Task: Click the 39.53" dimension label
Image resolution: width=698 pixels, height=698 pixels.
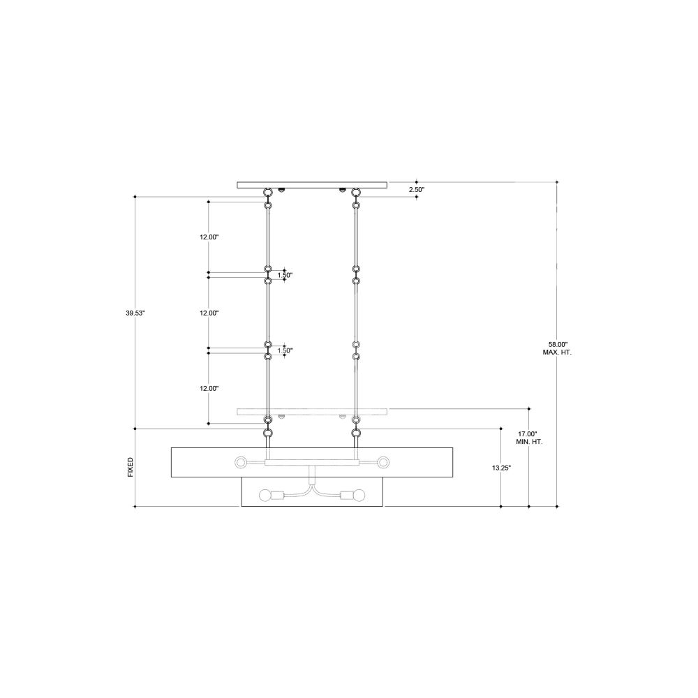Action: (x=135, y=313)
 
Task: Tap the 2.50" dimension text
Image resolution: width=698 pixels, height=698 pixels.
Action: (x=417, y=190)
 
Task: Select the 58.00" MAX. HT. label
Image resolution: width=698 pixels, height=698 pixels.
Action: (x=557, y=348)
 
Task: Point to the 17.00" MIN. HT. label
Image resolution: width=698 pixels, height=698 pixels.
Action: (x=529, y=438)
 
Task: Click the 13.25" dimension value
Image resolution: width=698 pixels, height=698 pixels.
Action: (x=501, y=468)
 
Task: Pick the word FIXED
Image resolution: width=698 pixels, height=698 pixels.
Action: (x=131, y=468)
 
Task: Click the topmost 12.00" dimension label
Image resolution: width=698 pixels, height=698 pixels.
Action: (x=209, y=237)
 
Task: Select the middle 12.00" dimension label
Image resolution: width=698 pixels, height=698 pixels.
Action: (x=209, y=313)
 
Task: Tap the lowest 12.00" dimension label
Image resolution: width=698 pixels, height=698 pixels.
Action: (x=209, y=389)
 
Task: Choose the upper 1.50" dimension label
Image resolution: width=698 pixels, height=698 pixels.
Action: (x=285, y=275)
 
